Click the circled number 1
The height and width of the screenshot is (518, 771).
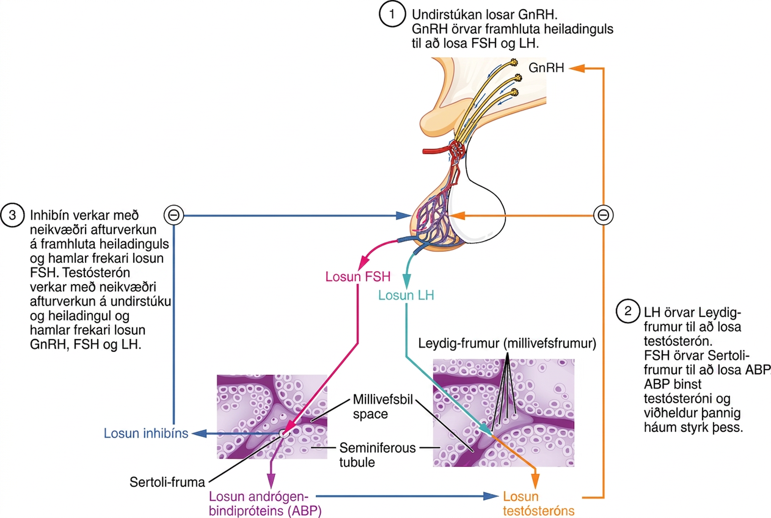(392, 14)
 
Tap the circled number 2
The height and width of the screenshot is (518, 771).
(628, 311)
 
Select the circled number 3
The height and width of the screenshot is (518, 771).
(12, 215)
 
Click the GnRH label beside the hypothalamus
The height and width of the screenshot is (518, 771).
(546, 68)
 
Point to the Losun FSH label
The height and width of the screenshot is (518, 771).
(358, 276)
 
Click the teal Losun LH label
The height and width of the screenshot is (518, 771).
(406, 295)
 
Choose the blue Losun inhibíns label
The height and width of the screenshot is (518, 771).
(146, 433)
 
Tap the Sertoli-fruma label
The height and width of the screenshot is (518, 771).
(167, 482)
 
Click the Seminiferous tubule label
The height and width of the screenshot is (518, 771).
(378, 455)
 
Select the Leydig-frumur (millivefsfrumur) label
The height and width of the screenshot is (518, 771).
(507, 343)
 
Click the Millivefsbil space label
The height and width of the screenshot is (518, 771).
(383, 407)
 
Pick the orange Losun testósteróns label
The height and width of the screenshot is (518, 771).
(538, 504)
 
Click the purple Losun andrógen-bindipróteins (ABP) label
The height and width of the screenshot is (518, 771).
(265, 504)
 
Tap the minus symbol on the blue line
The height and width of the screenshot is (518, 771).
(174, 215)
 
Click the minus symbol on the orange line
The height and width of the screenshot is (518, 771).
(603, 215)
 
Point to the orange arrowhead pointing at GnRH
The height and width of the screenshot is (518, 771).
(576, 68)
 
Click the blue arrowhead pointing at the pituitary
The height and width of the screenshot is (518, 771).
(403, 216)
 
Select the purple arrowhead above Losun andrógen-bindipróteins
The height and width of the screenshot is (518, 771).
(271, 480)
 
